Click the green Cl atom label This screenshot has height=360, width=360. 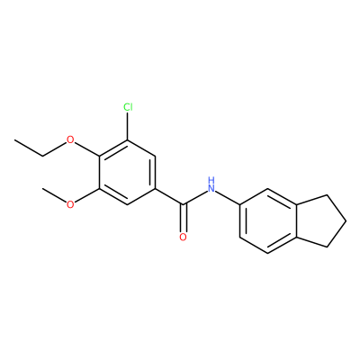(x=128, y=107)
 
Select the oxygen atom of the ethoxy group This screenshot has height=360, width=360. (x=70, y=139)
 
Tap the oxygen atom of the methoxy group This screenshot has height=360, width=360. (x=70, y=204)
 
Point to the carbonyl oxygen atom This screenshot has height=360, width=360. (x=183, y=237)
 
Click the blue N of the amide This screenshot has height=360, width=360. (x=211, y=189)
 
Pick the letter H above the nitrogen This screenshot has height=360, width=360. (x=211, y=181)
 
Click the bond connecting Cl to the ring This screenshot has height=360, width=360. (x=128, y=126)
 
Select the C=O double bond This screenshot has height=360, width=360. (x=183, y=219)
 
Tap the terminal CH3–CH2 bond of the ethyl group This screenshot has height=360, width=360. (x=29, y=148)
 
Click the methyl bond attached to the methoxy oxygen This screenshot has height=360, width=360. (x=54, y=195)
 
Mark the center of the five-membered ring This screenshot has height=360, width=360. (x=322, y=221)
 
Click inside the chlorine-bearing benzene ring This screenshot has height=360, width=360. (x=127, y=173)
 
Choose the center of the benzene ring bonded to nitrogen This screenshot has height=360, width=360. (x=267, y=221)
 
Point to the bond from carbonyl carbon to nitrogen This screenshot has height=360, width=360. (x=195, y=198)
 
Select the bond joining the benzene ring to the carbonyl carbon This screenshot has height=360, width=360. (x=169, y=197)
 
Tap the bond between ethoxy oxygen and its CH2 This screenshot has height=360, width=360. (x=55, y=149)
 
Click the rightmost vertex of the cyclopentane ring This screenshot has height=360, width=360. (x=346, y=221)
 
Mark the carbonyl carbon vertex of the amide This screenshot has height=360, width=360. (x=183, y=205)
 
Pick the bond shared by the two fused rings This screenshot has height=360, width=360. (x=296, y=221)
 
